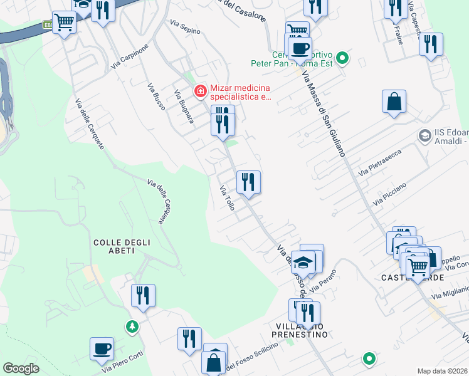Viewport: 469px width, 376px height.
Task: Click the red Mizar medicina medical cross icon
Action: click(x=201, y=91)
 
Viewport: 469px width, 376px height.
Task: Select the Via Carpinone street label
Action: click(x=130, y=56)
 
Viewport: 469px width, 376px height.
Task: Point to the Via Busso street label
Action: click(x=156, y=97)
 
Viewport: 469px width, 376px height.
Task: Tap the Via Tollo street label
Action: click(x=226, y=198)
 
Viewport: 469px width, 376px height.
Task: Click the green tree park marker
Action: click(x=132, y=326)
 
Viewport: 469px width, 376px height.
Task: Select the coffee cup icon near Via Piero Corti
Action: click(x=102, y=349)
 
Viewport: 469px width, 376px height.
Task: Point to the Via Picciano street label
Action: click(x=389, y=194)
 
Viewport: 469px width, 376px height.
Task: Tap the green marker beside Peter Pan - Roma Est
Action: click(x=342, y=60)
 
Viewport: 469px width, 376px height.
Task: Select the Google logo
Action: click(x=21, y=368)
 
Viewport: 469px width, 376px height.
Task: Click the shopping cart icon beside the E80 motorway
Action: click(x=64, y=23)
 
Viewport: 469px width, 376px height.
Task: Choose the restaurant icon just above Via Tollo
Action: click(x=248, y=182)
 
